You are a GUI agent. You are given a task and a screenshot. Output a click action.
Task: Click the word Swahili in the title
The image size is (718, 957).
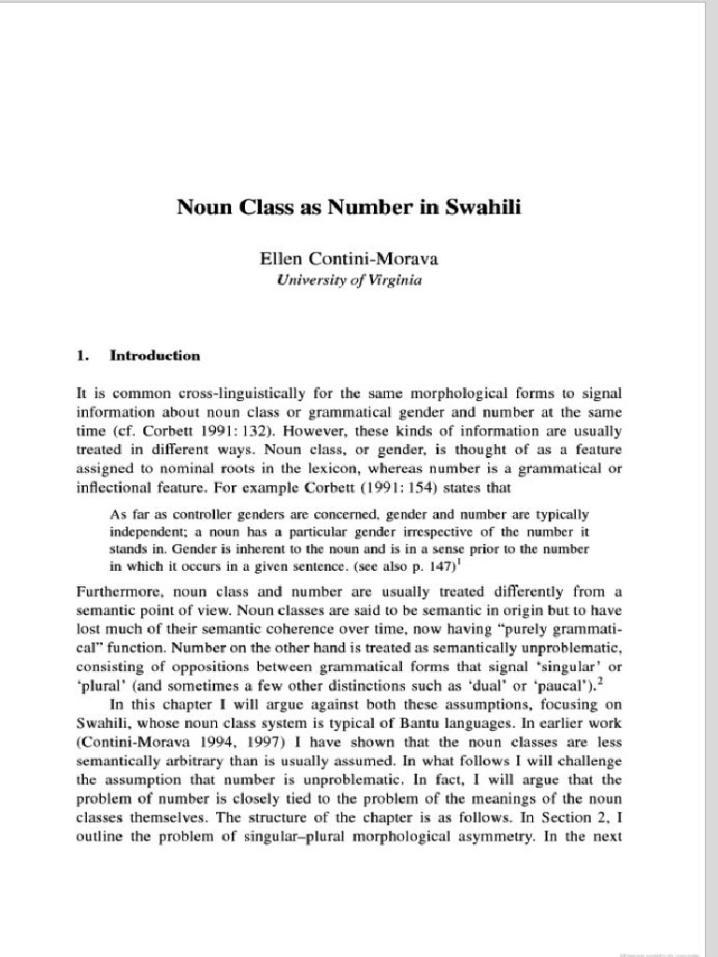(x=481, y=207)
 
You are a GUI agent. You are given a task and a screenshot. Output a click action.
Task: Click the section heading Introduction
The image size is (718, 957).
(x=155, y=356)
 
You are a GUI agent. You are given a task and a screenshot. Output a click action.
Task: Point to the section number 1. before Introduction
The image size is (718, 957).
(x=82, y=356)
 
